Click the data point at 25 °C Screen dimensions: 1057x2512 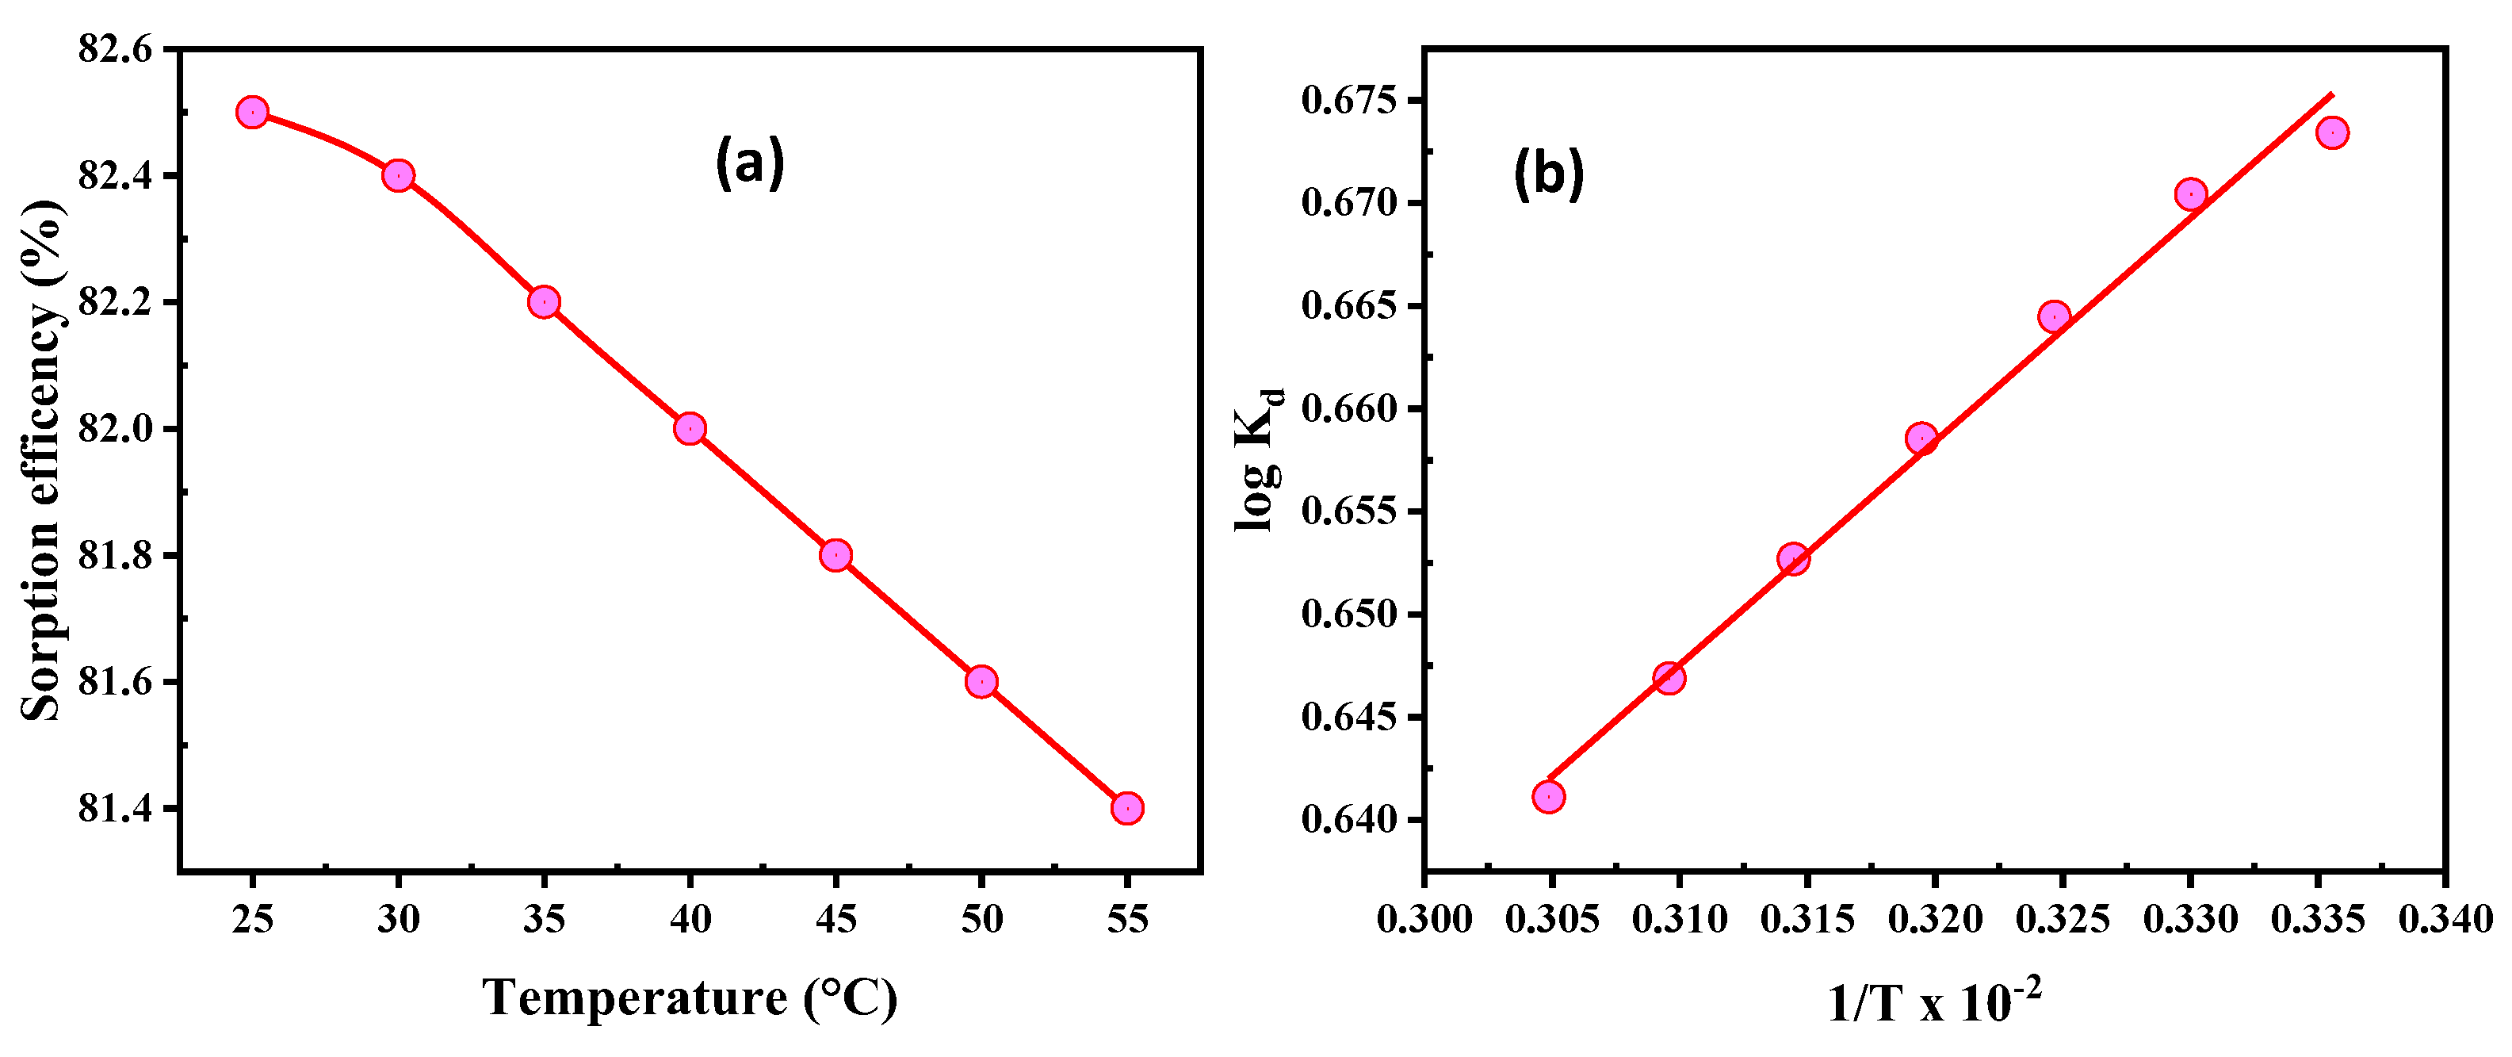pyautogui.click(x=251, y=112)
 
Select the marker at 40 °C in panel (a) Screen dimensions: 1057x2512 pyautogui.click(x=690, y=428)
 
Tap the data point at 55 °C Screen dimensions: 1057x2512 pyautogui.click(x=1126, y=807)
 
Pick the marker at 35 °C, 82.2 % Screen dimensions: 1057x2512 pyautogui.click(x=543, y=301)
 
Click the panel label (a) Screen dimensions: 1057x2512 pyautogui.click(x=749, y=163)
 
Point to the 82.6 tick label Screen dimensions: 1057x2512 pyautogui.click(x=115, y=48)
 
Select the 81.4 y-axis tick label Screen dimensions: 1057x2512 pyautogui.click(x=115, y=808)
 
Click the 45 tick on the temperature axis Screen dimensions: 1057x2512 pyautogui.click(x=835, y=918)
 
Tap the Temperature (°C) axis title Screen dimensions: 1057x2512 pyautogui.click(x=690, y=998)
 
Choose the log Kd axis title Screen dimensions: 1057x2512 pyautogui.click(x=1259, y=458)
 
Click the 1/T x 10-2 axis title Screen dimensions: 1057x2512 pyautogui.click(x=1933, y=1001)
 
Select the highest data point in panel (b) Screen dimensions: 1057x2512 pyautogui.click(x=2331, y=132)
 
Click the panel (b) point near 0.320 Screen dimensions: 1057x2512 pyautogui.click(x=1921, y=438)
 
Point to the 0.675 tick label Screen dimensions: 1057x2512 pyautogui.click(x=1348, y=101)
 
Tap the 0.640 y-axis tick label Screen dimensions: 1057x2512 pyautogui.click(x=1348, y=820)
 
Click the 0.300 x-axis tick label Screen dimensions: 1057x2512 pyautogui.click(x=1424, y=918)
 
